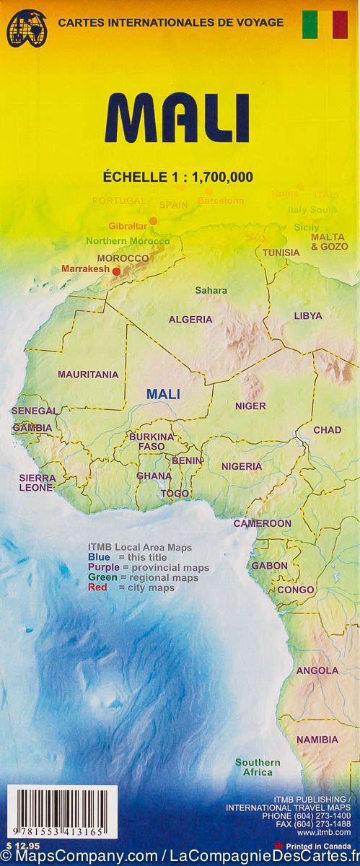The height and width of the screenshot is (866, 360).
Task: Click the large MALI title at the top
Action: point(180,119)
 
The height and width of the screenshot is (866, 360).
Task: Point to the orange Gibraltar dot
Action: point(153,221)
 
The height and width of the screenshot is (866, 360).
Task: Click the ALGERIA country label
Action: point(190,319)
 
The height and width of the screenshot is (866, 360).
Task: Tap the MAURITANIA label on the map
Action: point(87,375)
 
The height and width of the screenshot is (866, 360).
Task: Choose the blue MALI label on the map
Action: point(163,394)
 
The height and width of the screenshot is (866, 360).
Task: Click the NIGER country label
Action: point(250,406)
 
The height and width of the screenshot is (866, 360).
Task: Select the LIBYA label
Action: point(308,316)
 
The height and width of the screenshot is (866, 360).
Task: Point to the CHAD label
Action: point(327,430)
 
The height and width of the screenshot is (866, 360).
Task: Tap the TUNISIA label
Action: point(281,253)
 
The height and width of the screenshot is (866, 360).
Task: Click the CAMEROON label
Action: point(262,523)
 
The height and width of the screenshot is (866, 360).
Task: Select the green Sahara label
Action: point(211,291)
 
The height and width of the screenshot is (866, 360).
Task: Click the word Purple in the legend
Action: point(101,567)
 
